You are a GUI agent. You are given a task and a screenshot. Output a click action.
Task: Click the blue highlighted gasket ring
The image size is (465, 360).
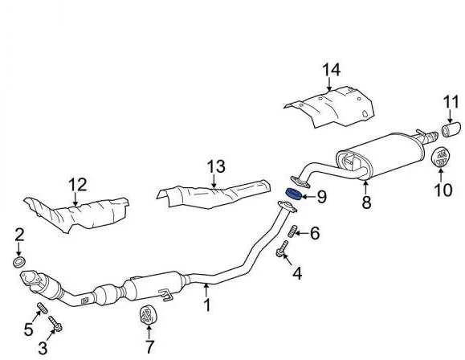[293, 194]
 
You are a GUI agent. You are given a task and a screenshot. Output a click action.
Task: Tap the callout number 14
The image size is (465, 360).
[331, 70]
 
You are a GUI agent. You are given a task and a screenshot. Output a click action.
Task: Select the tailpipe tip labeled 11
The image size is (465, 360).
[451, 130]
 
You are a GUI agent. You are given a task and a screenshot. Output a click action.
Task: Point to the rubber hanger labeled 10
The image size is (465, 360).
[440, 157]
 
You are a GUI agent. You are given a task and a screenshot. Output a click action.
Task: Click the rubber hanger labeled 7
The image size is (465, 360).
[148, 315]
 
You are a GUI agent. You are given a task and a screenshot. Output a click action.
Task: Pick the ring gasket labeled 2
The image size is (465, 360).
[19, 262]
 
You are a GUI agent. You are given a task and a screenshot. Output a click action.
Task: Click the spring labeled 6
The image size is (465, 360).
[292, 231]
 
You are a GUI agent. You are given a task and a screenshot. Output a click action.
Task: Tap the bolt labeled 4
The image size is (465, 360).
[281, 249]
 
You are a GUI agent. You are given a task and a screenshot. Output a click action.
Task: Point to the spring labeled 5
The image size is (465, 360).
[43, 308]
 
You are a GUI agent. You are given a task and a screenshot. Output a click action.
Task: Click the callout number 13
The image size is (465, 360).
[216, 166]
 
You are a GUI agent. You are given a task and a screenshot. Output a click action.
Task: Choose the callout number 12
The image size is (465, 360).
[77, 185]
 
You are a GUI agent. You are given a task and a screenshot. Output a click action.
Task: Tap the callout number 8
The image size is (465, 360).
[366, 202]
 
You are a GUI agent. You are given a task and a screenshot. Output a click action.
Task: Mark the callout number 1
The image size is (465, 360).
[207, 305]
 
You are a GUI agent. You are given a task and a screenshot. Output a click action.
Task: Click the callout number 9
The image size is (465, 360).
[322, 197]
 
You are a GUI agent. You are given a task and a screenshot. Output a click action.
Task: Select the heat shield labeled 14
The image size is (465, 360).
[330, 107]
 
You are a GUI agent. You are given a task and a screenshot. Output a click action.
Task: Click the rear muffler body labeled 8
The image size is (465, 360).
[380, 155]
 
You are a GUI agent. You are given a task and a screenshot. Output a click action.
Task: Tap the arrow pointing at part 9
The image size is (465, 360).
[308, 197]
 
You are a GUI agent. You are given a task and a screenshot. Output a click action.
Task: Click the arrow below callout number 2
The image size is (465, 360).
[19, 249]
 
